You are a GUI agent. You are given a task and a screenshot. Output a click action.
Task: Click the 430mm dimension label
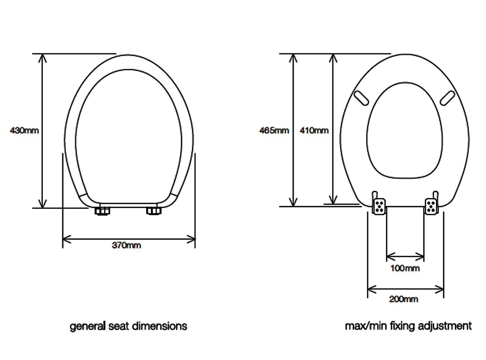coord(24,130)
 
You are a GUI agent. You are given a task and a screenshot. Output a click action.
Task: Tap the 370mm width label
coord(126,246)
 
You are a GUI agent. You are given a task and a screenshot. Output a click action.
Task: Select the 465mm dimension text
coord(274,131)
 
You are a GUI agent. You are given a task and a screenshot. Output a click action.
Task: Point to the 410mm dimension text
coord(314,131)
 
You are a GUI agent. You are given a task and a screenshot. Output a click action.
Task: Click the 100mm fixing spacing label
coord(405,268)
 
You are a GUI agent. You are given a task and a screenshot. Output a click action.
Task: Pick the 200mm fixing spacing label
coord(404,299)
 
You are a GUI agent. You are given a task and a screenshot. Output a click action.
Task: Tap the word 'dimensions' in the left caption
coord(159,326)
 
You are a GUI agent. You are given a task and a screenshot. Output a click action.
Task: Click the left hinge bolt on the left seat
coord(103,211)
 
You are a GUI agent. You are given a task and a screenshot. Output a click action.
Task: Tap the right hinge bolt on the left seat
coord(154,211)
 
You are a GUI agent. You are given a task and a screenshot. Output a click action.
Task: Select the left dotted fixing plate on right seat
coord(379,207)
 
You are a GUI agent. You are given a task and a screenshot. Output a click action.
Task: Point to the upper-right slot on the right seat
coord(447,98)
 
